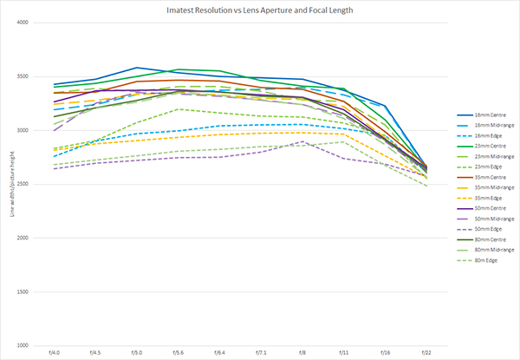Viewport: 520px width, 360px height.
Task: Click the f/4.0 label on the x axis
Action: (55, 352)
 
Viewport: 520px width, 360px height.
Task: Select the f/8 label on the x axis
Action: (302, 352)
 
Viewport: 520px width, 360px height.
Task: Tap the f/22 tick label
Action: (426, 352)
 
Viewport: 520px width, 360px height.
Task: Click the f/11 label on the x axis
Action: (343, 352)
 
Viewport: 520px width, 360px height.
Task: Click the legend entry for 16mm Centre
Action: (482, 114)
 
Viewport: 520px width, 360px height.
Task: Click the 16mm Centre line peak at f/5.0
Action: (137, 68)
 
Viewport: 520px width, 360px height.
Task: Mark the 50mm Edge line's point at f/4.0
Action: (55, 168)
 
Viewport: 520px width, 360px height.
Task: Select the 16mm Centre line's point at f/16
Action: (384, 106)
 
